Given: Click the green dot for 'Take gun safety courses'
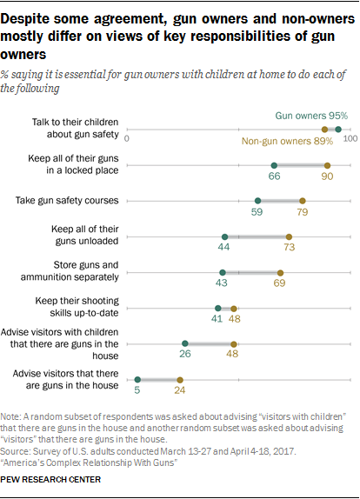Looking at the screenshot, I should click(x=258, y=201).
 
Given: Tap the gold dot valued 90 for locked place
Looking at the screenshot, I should click(x=327, y=165).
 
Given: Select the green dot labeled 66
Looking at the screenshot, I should click(x=274, y=165).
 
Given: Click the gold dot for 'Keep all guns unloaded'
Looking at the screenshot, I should click(x=290, y=236).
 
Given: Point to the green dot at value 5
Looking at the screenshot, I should click(x=137, y=379).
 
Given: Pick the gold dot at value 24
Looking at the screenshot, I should click(x=180, y=379).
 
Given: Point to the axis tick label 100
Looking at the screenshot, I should click(x=350, y=139).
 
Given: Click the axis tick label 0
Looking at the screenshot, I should click(x=127, y=139).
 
